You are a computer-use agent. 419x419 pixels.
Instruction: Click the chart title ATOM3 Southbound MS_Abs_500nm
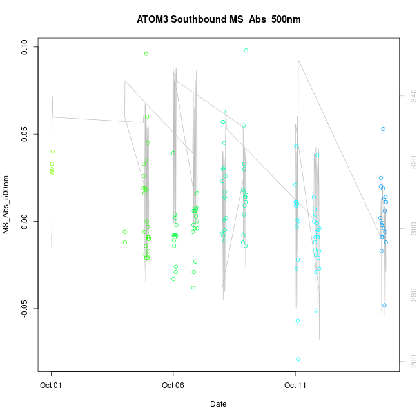pos(219,19)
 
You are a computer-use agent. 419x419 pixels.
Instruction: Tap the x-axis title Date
pos(218,404)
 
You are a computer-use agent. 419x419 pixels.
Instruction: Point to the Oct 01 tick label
pos(51,385)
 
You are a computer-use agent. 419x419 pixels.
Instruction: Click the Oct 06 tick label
pos(173,385)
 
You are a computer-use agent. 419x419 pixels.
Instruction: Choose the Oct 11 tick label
pos(295,385)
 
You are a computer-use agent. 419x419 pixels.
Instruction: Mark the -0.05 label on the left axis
pos(24,308)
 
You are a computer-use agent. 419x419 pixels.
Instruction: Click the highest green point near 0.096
pos(146,54)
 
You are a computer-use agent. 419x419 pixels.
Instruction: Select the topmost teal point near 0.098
pos(246,50)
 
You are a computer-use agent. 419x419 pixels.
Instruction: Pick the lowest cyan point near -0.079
pos(298,359)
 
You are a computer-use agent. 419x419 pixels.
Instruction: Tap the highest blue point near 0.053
pos(383,129)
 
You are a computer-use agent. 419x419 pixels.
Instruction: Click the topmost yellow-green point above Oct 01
pos(53,151)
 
